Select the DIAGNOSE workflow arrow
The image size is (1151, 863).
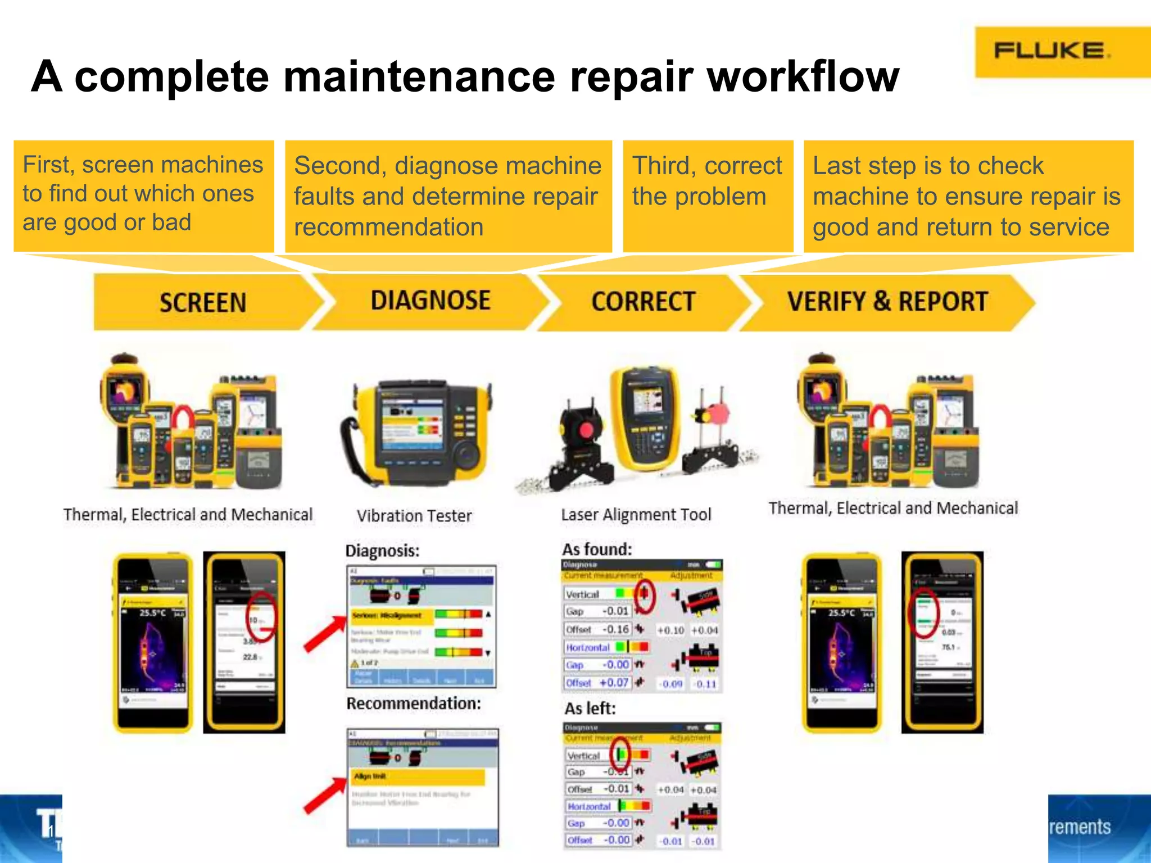[430, 301]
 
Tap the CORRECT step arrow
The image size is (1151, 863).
[643, 302]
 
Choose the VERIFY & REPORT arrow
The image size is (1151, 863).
[887, 302]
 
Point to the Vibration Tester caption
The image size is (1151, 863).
[414, 516]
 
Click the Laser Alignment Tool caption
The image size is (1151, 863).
[636, 515]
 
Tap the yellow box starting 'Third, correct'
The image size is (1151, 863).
[708, 196]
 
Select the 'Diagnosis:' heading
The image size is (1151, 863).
[382, 551]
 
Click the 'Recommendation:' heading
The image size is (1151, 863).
[414, 703]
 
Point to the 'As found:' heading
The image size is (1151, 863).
[597, 549]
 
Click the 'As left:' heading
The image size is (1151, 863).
[590, 708]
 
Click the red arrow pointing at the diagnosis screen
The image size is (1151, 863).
[324, 634]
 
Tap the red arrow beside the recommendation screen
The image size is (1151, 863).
[324, 795]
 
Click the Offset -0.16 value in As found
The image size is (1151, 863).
[615, 629]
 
